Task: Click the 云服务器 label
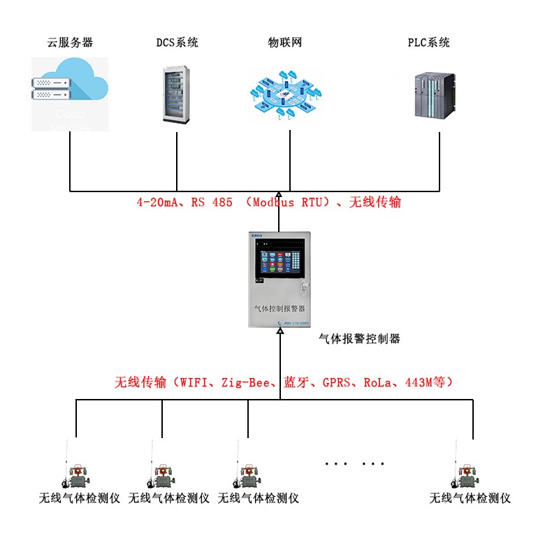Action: (x=70, y=43)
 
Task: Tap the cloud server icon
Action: (x=70, y=94)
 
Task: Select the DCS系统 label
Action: (x=177, y=43)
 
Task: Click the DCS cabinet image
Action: (x=177, y=94)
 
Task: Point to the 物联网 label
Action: (x=285, y=43)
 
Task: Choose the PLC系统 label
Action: (x=429, y=43)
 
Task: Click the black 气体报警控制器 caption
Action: (x=359, y=339)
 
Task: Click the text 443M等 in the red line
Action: (x=427, y=382)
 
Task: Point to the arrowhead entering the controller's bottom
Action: (x=279, y=333)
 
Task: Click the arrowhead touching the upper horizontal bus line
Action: (x=279, y=196)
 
